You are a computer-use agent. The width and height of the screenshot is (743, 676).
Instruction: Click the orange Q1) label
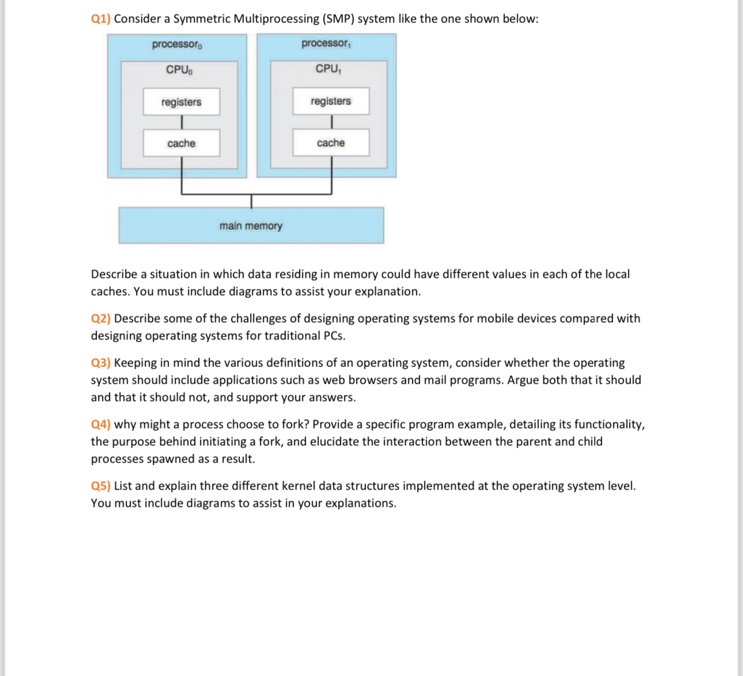pyautogui.click(x=100, y=19)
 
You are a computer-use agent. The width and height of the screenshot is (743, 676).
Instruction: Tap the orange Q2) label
pyautogui.click(x=100, y=319)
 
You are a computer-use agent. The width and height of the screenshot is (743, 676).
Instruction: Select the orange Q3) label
pyautogui.click(x=100, y=363)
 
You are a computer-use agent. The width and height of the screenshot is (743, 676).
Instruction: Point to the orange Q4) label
pyautogui.click(x=100, y=425)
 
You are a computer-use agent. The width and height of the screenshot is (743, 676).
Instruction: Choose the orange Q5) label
pyautogui.click(x=100, y=486)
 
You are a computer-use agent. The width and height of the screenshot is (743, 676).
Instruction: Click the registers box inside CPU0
pyautogui.click(x=181, y=102)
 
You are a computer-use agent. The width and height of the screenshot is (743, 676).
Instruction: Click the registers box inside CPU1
pyautogui.click(x=331, y=101)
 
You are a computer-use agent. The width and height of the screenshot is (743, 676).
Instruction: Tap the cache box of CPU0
pyautogui.click(x=181, y=143)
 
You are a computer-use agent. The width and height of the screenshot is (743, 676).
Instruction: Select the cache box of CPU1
pyautogui.click(x=331, y=143)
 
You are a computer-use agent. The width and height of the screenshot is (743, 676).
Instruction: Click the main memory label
pyautogui.click(x=251, y=226)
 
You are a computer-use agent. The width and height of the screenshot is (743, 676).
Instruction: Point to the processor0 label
pyautogui.click(x=177, y=44)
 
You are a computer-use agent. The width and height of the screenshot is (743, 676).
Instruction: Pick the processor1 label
pyautogui.click(x=326, y=43)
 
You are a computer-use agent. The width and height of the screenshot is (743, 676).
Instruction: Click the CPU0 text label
pyautogui.click(x=179, y=70)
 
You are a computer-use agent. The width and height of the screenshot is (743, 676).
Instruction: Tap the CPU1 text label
pyautogui.click(x=328, y=68)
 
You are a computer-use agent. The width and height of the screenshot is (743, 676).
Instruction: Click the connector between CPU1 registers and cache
pyautogui.click(x=331, y=122)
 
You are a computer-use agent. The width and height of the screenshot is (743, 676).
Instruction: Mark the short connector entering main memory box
pyautogui.click(x=251, y=201)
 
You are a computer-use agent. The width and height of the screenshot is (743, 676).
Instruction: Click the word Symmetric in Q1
pyautogui.click(x=202, y=19)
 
